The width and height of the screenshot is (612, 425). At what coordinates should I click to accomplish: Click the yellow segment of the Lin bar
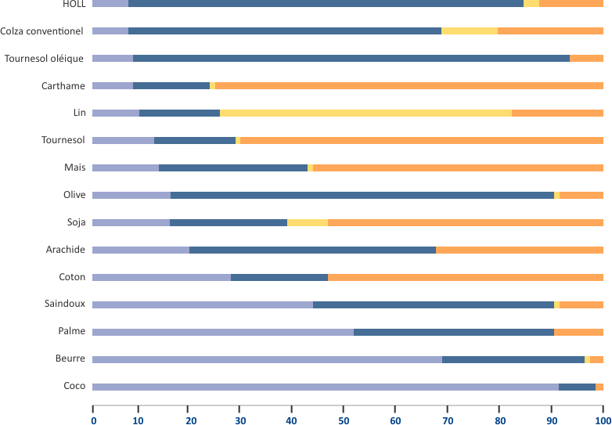(365, 113)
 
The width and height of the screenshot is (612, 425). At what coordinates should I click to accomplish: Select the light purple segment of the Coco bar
(325, 387)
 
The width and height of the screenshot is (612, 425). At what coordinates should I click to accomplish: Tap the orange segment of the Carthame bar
(409, 85)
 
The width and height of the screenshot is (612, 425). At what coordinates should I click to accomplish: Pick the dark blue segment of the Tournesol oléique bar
(351, 58)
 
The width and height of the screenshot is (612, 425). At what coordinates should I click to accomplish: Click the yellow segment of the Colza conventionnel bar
(469, 31)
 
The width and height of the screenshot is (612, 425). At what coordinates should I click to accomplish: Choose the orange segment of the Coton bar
(465, 277)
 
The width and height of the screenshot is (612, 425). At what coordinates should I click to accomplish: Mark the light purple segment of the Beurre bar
(267, 359)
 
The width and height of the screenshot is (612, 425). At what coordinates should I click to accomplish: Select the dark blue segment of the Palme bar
(453, 332)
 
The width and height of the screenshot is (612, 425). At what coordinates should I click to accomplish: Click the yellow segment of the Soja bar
(307, 222)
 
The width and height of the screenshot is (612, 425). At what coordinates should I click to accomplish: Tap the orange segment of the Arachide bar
(519, 250)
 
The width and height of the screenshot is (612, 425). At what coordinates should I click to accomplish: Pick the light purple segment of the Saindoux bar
(202, 304)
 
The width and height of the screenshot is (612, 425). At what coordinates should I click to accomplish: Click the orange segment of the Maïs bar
(458, 167)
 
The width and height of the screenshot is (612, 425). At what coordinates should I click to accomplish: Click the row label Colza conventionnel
(43, 31)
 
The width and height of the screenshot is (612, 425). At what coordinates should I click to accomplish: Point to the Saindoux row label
(66, 304)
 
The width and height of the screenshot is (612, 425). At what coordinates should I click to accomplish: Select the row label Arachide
(66, 250)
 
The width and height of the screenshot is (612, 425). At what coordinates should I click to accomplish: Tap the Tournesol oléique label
(44, 59)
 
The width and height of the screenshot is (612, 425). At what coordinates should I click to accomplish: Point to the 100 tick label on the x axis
(602, 420)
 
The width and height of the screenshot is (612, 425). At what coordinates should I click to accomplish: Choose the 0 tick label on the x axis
(93, 420)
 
